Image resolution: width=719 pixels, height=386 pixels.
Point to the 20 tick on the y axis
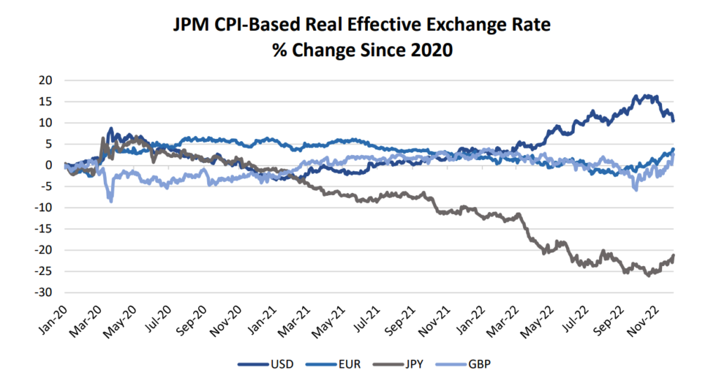coord(45,80)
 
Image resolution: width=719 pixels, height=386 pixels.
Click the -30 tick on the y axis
coord(44,293)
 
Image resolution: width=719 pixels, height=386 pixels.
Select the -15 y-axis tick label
coord(44,229)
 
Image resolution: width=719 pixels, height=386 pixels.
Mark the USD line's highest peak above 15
coord(637,95)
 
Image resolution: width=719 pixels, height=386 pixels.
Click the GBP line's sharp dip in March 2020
coord(110,201)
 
